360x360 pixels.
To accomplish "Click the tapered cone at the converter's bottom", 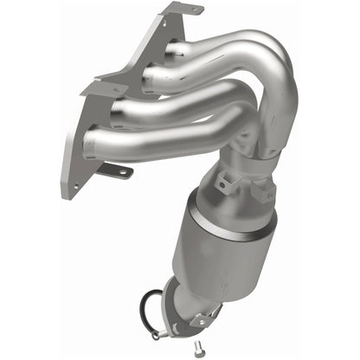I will (192, 290).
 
